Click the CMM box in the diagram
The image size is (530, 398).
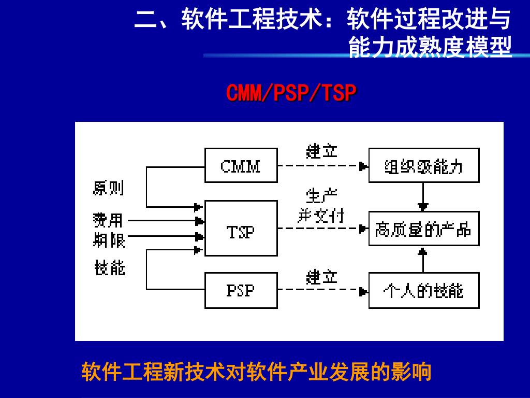point(241,165)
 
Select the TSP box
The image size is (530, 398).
point(241,228)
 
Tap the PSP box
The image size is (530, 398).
point(241,290)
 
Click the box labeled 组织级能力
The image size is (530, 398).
point(423,165)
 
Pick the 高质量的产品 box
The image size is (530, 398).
point(423,229)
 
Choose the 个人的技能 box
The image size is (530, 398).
point(423,290)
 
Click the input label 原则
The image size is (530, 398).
point(109,188)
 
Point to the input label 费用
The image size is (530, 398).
point(108,220)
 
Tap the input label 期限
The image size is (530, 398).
point(109,240)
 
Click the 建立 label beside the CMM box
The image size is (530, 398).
point(321,151)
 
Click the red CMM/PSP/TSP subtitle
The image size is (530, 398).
point(291,93)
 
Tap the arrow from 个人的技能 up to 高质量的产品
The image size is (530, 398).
point(423,259)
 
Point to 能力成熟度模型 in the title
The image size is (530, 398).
point(430,47)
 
